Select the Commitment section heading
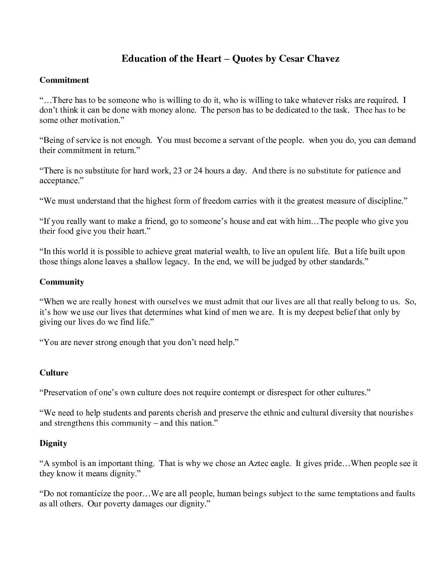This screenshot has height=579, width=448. [64, 80]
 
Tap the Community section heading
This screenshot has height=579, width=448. [62, 282]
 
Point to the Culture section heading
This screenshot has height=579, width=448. [54, 373]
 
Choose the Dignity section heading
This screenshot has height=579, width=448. [53, 443]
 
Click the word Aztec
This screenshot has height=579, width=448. [260, 463]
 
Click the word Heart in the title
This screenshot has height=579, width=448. [206, 59]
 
